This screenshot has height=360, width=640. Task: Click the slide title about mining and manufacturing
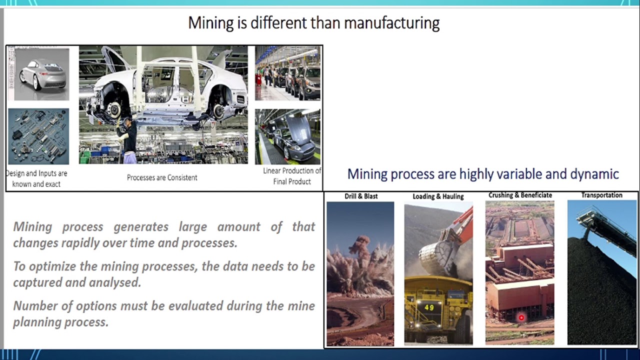(x=313, y=23)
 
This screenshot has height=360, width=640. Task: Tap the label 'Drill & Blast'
(x=361, y=196)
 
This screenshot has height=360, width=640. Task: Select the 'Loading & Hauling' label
(x=438, y=196)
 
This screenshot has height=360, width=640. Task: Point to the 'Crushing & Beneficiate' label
(x=520, y=195)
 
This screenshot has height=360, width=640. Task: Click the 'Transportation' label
(x=601, y=195)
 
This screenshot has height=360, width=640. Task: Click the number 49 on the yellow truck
(x=429, y=307)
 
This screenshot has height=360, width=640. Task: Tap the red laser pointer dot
(x=521, y=317)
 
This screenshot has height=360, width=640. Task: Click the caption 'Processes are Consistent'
(x=162, y=177)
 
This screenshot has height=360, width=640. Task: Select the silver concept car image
(x=39, y=74)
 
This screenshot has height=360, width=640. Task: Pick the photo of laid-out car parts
(x=38, y=136)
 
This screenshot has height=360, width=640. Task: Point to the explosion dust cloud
(x=359, y=255)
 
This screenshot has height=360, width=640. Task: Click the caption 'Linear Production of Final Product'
(x=292, y=176)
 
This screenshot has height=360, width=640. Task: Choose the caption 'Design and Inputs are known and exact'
(x=36, y=178)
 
